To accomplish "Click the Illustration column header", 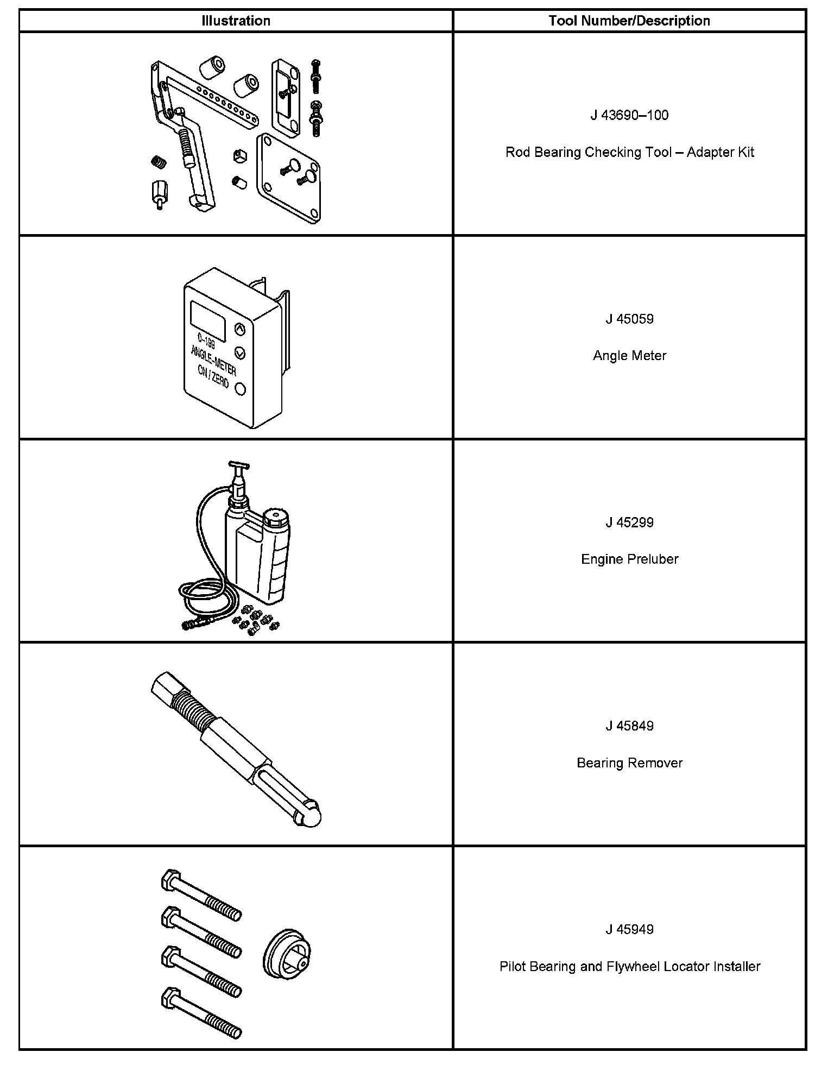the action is tap(236, 21).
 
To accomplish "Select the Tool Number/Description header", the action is tap(629, 21).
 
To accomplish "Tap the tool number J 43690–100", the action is tap(629, 115).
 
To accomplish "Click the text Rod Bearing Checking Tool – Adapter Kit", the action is tap(629, 152).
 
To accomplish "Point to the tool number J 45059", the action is tap(629, 319).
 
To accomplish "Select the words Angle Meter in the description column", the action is tap(629, 356).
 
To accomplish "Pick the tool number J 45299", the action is tap(629, 522).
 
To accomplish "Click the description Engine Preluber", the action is tap(629, 559).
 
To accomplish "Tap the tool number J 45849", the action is tap(629, 726).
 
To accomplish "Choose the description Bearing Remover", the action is tap(629, 763).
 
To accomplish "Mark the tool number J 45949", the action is tap(629, 929).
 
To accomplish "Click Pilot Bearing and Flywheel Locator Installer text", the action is tap(629, 967).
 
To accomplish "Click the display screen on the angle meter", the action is tap(208, 321).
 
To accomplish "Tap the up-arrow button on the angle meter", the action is tap(239, 329).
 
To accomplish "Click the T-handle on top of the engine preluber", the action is tap(238, 465).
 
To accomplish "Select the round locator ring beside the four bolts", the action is tap(287, 957).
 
